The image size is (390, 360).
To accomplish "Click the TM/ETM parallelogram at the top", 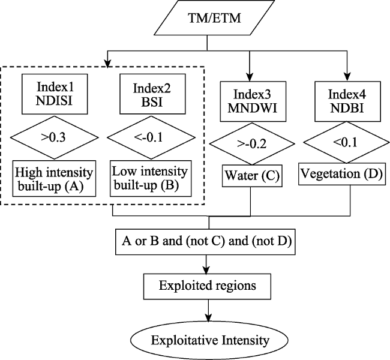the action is tap(214, 18).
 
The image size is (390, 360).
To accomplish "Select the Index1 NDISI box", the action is tap(55, 94).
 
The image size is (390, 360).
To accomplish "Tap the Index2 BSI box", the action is tap(152, 94).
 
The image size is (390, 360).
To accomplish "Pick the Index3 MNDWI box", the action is tap(253, 101).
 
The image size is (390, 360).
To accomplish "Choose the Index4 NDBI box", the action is tap(347, 101).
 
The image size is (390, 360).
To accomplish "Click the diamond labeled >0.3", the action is tap(54, 137).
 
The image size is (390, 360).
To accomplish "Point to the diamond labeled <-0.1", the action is tap(151, 137).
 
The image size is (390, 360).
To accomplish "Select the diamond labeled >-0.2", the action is tap(252, 143).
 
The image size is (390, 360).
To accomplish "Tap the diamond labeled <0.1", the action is tap(346, 142).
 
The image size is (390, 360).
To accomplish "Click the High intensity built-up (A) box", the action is tap(54, 179).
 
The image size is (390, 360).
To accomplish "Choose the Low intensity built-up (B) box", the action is tap(151, 179).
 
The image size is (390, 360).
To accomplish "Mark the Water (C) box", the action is tap(252, 176).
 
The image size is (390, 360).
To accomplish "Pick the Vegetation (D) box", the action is tap(342, 174).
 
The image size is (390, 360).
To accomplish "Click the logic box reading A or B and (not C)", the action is tap(205, 242).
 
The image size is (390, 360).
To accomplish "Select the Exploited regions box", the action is tap(207, 286).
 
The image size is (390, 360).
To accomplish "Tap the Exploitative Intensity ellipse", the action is tap(209, 340).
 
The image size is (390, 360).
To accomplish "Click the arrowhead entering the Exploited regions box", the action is tap(206, 270).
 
